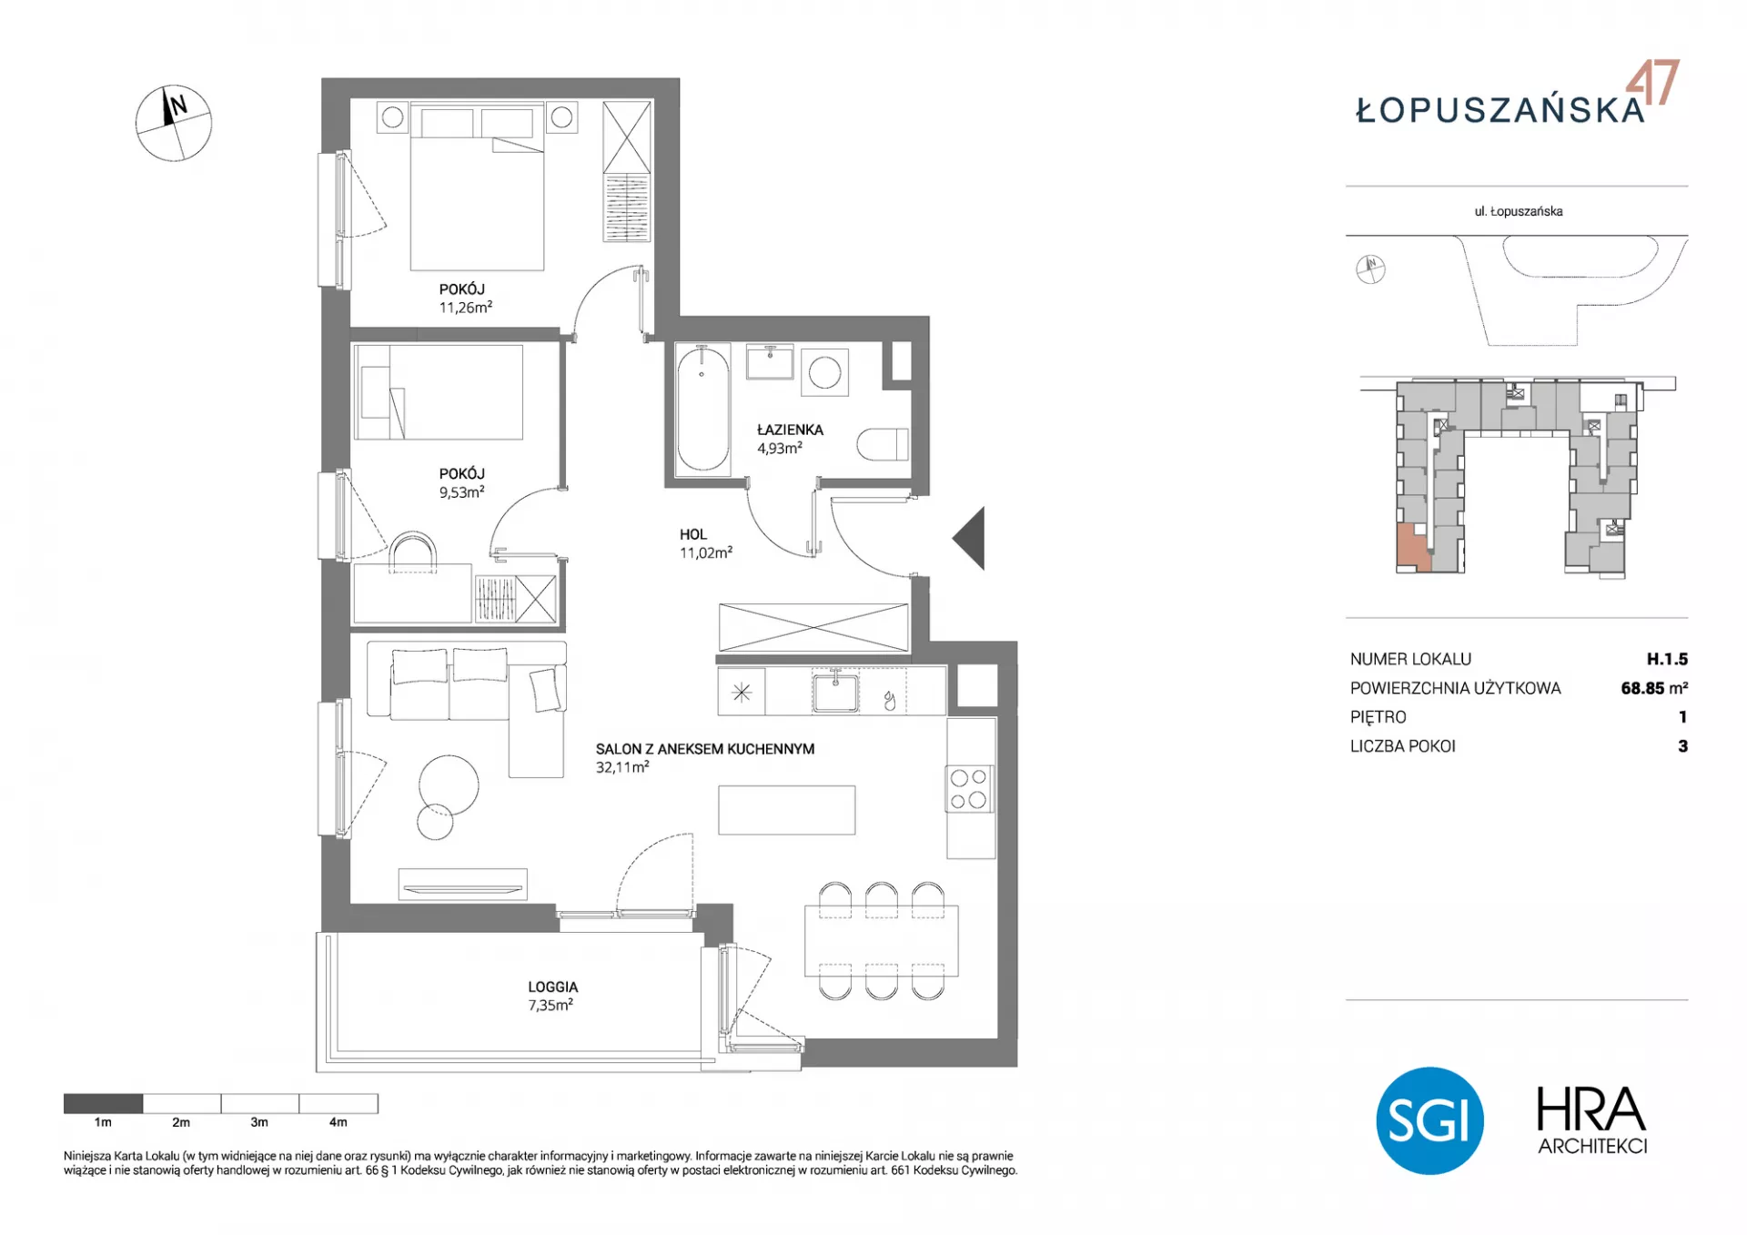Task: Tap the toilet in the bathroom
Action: pyautogui.click(x=883, y=444)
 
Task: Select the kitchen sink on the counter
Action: pyautogui.click(x=835, y=693)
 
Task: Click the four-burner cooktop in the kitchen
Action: pyautogui.click(x=968, y=789)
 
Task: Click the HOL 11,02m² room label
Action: pyautogui.click(x=705, y=543)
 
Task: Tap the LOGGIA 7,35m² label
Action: pyautogui.click(x=552, y=996)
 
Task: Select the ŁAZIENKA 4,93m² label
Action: pyautogui.click(x=790, y=439)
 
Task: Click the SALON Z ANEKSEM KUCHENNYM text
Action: pyautogui.click(x=705, y=749)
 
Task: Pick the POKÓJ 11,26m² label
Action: pyautogui.click(x=465, y=299)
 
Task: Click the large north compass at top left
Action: pyautogui.click(x=174, y=124)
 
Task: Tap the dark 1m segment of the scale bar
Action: pyautogui.click(x=103, y=1103)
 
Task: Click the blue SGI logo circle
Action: pyautogui.click(x=1429, y=1120)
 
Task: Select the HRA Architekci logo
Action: pyautogui.click(x=1592, y=1120)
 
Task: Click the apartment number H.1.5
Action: pyautogui.click(x=1667, y=659)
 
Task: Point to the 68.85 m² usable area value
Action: pyautogui.click(x=1654, y=688)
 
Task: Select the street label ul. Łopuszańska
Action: pyautogui.click(x=1519, y=211)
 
